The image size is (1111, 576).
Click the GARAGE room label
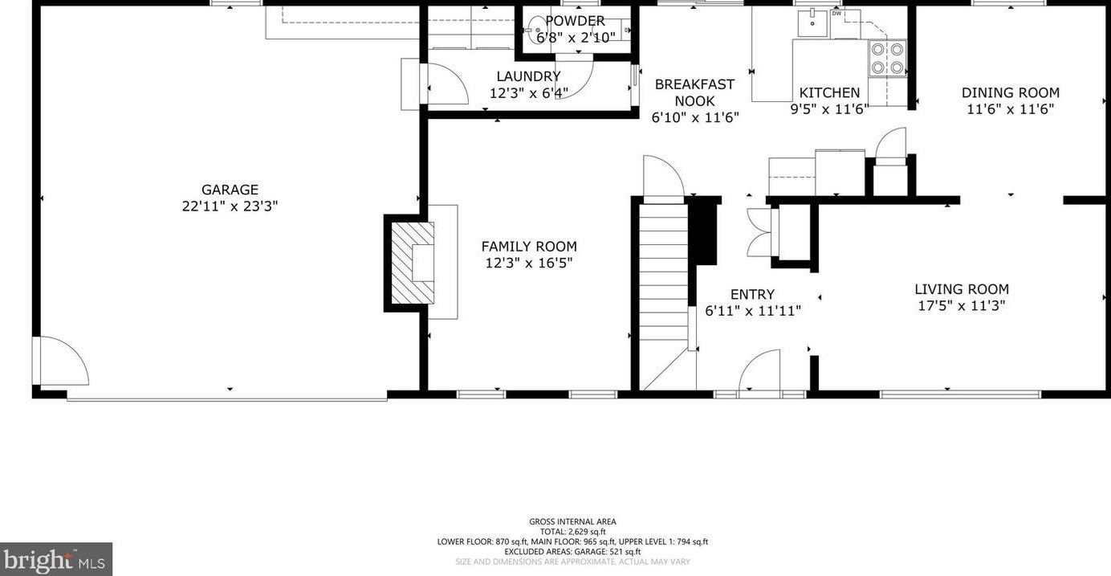[230, 190]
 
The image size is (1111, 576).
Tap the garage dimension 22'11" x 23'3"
[230, 206]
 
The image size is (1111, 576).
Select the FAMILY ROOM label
[529, 247]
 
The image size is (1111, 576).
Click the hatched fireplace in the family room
[412, 262]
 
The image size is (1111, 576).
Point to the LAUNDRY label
[528, 76]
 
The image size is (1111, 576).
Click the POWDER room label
[575, 21]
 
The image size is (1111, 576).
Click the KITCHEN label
[829, 92]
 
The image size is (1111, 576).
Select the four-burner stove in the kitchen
[887, 58]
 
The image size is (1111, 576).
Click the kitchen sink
[813, 23]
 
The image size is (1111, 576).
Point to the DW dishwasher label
[836, 13]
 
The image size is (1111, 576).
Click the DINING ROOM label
[1010, 92]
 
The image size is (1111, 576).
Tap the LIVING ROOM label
[962, 289]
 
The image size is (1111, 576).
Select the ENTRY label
[752, 295]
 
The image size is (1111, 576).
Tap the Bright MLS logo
[55, 559]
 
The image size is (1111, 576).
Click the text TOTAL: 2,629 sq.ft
[572, 532]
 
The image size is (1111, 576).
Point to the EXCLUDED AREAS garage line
[572, 552]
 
